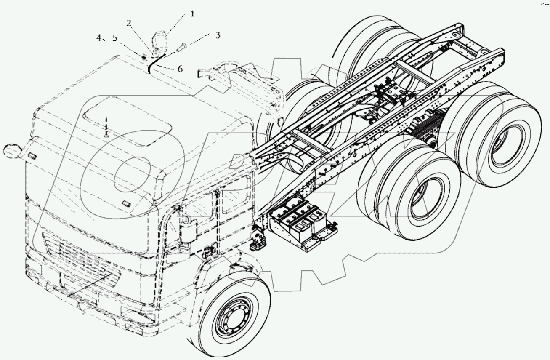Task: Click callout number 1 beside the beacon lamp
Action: [x=192, y=14]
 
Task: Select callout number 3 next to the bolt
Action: [x=218, y=35]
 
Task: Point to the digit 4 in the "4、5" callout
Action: [x=99, y=38]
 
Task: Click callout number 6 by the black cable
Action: [x=180, y=69]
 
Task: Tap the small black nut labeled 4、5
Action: [x=143, y=56]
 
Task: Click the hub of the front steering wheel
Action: [x=231, y=318]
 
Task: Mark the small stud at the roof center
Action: [x=106, y=134]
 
